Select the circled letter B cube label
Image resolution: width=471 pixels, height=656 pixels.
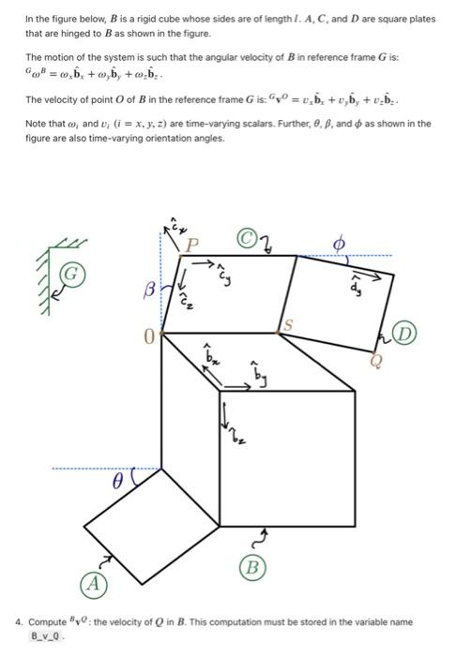tap(251, 567)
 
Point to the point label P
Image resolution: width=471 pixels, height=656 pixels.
tap(193, 246)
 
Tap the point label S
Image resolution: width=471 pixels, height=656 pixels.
tap(289, 324)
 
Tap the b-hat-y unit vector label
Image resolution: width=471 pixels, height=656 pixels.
tap(257, 375)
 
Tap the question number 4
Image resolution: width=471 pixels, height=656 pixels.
tap(19, 620)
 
